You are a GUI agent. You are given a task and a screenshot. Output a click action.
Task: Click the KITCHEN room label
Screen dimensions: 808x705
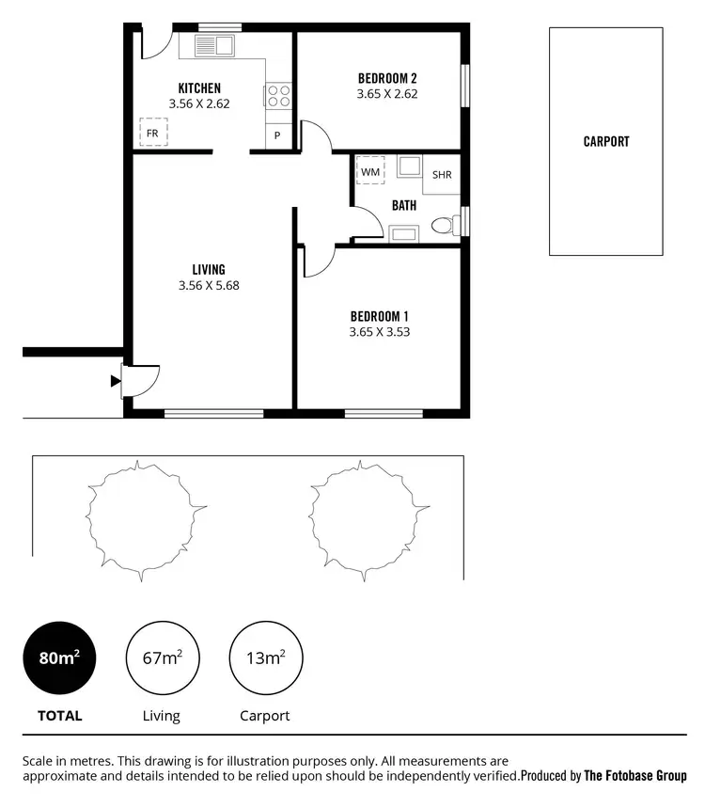pos(199,88)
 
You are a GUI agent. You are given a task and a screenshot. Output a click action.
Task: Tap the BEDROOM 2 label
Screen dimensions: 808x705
pos(386,78)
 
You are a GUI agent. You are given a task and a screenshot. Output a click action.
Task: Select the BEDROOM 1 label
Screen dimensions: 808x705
pos(379,316)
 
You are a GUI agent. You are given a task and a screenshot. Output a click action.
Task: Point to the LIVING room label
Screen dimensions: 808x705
pos(209,270)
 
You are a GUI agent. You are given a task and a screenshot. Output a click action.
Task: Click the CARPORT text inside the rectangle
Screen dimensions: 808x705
pos(606,142)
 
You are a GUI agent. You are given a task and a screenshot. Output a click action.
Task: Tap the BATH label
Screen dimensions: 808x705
pos(404,205)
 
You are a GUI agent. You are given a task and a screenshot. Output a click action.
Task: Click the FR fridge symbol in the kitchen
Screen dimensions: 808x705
pos(152,133)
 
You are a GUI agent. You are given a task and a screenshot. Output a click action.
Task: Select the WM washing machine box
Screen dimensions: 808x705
pos(370,172)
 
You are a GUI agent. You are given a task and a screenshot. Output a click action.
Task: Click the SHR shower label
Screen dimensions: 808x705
pos(442,175)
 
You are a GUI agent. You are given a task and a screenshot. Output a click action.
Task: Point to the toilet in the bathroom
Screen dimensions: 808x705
pos(442,226)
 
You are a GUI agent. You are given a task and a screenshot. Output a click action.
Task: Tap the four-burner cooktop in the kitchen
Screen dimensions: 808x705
pos(279,96)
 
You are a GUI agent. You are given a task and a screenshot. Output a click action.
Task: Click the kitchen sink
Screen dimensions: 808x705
pos(212,44)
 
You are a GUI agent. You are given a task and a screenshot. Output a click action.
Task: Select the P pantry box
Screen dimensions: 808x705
pos(278,136)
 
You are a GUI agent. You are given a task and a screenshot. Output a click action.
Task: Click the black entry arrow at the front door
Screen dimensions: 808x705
pos(116,381)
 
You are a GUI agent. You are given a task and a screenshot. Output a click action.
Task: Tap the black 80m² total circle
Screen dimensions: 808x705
pos(59,658)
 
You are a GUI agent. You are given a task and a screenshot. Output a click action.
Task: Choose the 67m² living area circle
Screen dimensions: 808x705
pos(162,658)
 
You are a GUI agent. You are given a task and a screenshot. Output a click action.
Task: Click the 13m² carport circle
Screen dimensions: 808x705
pos(265,658)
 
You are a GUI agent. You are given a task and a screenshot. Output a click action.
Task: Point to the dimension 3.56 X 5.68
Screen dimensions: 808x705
pos(209,286)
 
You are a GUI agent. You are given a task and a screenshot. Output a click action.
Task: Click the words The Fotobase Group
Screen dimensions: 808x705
pos(635,776)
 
